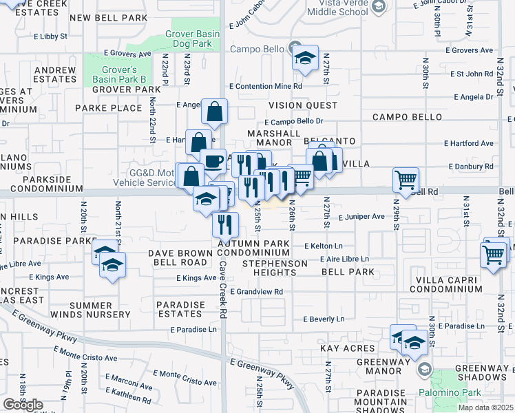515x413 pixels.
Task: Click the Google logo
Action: [23, 405]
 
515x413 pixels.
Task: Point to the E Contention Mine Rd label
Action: [266, 86]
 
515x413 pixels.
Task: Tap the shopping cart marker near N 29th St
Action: [406, 180]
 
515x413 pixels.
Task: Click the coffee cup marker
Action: [213, 161]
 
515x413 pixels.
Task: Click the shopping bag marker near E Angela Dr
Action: [215, 112]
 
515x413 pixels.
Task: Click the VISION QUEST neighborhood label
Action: [303, 105]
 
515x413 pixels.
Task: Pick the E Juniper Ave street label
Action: [361, 216]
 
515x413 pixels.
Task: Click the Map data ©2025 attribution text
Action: [486, 407]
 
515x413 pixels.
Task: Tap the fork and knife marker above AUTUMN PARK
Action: [225, 224]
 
